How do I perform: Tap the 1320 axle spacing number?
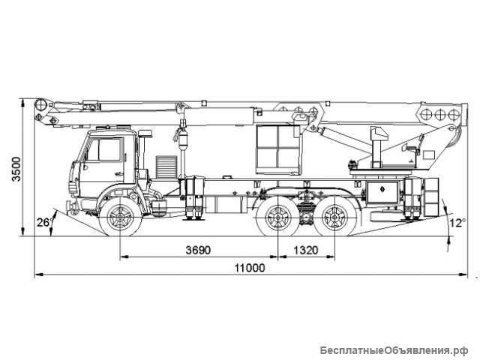pos(304,248)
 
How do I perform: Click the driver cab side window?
pos(103,150)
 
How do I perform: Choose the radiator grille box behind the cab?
pos(166,166)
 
